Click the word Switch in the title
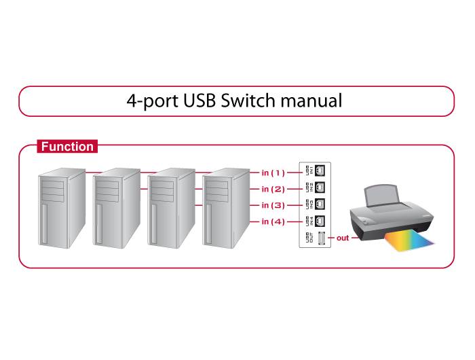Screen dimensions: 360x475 (x=247, y=101)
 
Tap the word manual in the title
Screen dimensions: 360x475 (x=309, y=101)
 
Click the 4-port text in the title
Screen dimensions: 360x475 (x=153, y=102)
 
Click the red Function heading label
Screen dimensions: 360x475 (x=66, y=146)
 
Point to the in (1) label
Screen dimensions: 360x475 (x=273, y=173)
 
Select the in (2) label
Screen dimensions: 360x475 (x=273, y=189)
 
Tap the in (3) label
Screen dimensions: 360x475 (x=273, y=205)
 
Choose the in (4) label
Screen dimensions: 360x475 (x=273, y=221)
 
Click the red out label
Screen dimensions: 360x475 (x=343, y=238)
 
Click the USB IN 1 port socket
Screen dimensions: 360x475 (x=320, y=170)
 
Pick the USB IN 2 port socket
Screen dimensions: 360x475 (x=320, y=187)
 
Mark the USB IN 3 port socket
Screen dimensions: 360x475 (x=320, y=203)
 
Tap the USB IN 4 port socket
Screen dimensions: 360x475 (x=320, y=220)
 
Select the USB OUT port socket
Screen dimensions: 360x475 (x=320, y=238)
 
